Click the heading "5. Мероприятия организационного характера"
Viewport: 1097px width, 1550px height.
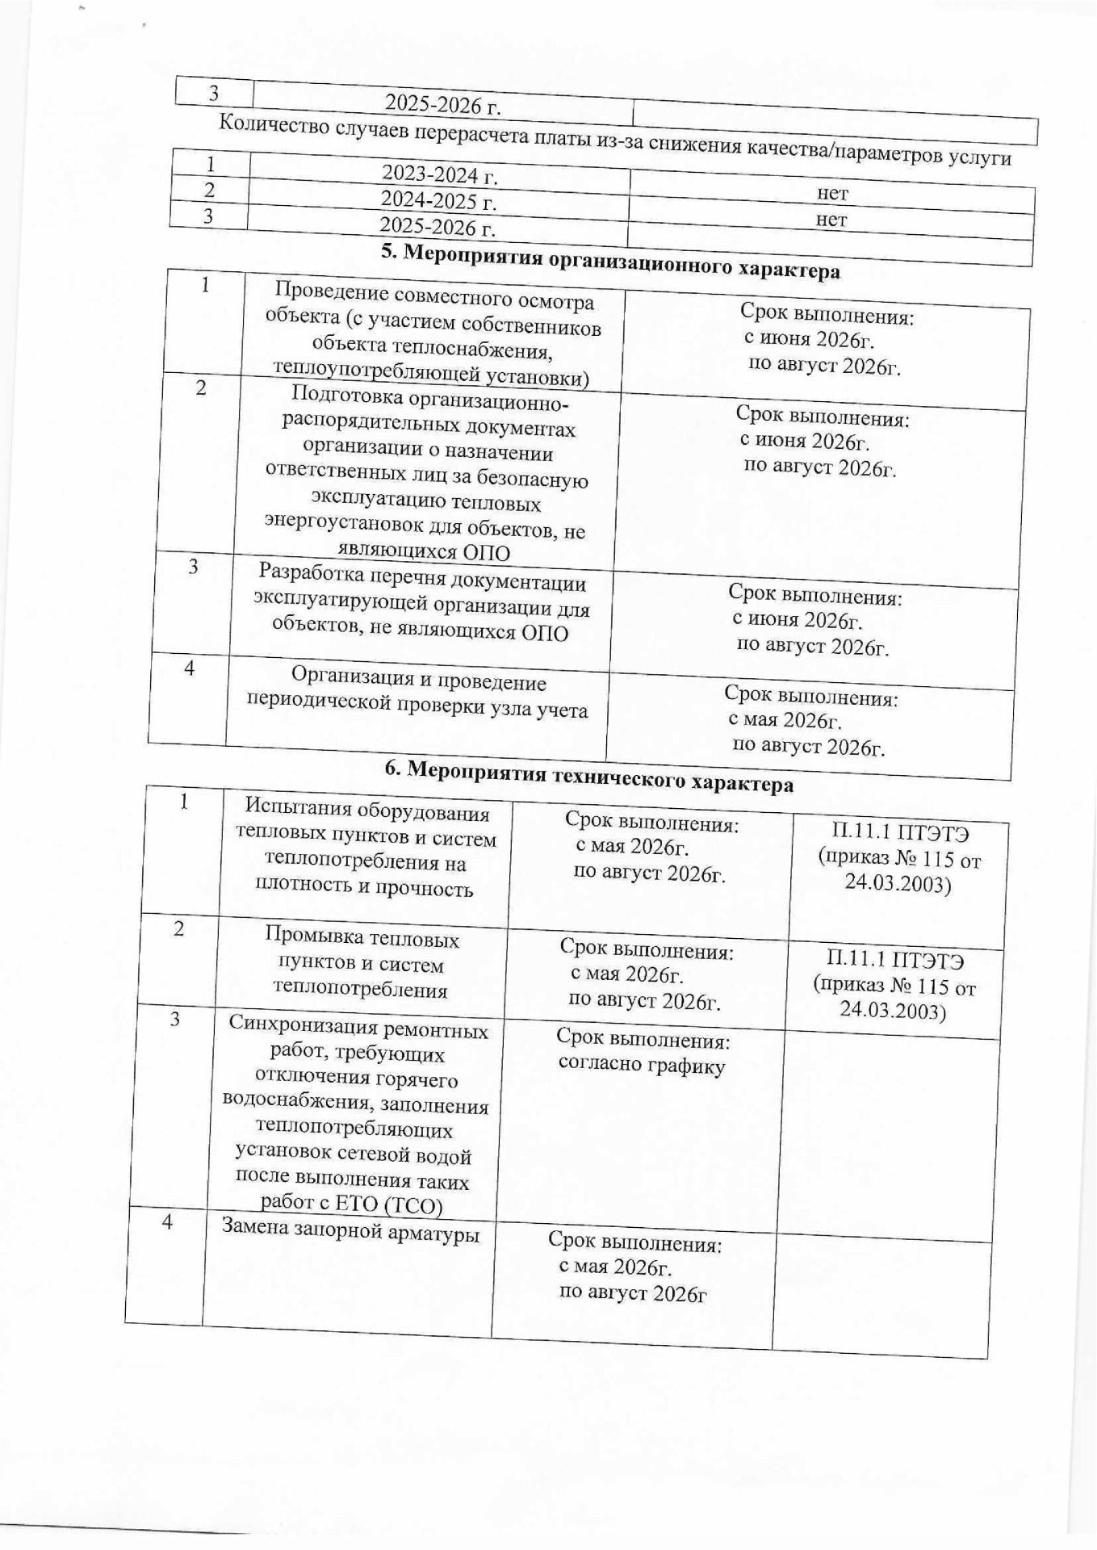(x=609, y=262)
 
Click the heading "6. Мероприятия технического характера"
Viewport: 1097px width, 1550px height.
(x=588, y=777)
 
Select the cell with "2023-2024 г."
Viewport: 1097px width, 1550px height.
(x=439, y=174)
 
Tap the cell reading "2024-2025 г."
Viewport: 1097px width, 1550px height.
(x=438, y=199)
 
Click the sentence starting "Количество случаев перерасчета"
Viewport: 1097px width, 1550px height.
(x=615, y=140)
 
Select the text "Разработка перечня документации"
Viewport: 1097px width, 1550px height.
(x=422, y=582)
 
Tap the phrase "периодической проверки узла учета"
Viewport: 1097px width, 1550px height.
(x=417, y=707)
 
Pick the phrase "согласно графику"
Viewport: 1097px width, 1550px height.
(x=642, y=1066)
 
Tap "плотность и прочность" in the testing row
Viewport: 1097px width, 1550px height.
(x=363, y=887)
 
